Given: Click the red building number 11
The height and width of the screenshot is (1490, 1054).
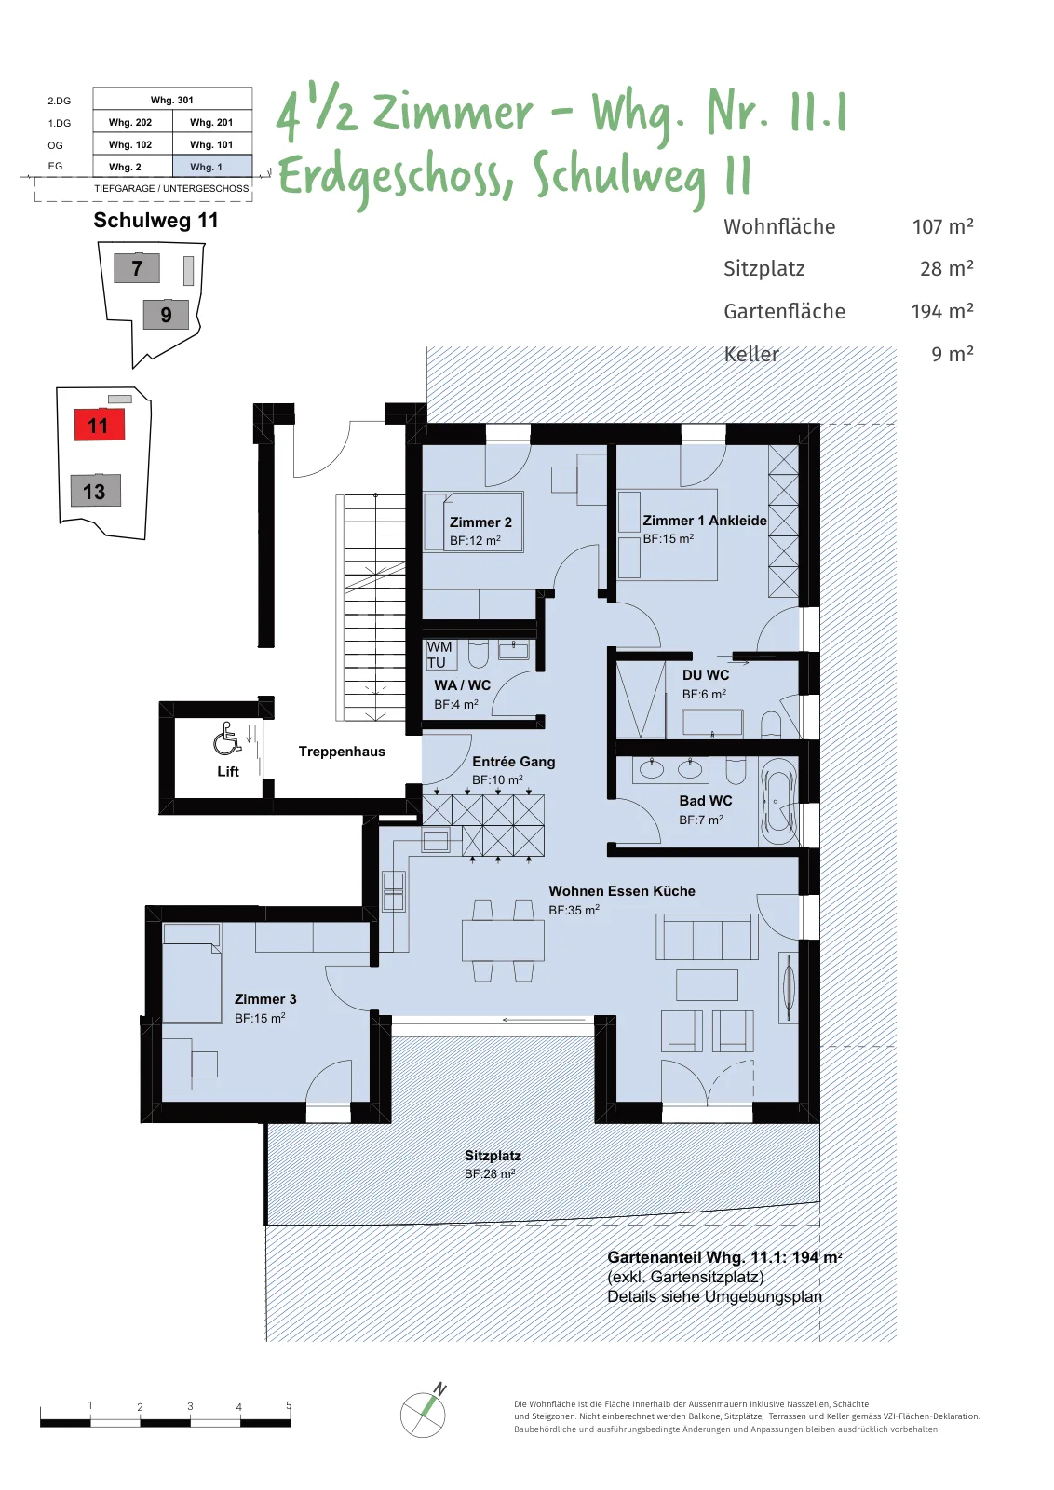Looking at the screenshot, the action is point(99,425).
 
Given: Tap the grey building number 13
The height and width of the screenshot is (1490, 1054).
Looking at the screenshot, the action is point(95,491).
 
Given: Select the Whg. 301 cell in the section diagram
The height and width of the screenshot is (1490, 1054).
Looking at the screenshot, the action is point(172,100).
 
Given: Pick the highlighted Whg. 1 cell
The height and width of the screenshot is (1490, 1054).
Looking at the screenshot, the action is point(212,167).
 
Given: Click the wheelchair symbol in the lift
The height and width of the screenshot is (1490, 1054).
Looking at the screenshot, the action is point(227,741).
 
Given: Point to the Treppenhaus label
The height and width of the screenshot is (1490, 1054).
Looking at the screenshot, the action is point(342,752).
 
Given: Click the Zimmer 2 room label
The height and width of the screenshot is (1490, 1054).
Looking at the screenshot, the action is point(480,522).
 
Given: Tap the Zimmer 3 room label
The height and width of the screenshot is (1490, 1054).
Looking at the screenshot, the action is point(265,999).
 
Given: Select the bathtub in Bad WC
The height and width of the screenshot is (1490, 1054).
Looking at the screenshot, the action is point(778,802).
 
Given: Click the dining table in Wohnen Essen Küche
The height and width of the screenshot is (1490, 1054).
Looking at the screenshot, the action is point(504,941).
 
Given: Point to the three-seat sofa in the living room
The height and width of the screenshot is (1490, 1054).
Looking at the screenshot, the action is point(707,937).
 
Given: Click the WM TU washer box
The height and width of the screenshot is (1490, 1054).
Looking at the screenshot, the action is point(441,655).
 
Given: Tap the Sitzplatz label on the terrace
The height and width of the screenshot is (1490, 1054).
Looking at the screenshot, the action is point(493,1156).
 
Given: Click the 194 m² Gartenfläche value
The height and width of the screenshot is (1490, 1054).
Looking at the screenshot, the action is point(942,311).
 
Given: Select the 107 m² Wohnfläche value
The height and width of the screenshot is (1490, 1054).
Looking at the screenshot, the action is point(943,226).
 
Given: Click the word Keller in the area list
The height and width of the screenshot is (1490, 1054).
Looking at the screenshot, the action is point(751,354).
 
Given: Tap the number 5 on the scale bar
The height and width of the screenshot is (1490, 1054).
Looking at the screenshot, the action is point(289,1405).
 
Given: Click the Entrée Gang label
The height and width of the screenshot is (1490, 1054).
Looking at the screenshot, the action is point(513,762).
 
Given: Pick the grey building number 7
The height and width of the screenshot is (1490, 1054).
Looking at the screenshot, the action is point(137,268).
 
